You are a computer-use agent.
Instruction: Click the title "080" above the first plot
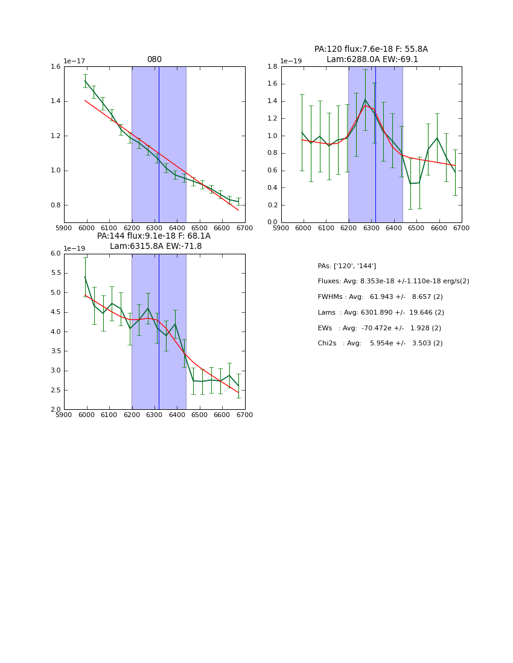click(155, 60)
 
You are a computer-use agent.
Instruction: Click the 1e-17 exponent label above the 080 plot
click(74, 61)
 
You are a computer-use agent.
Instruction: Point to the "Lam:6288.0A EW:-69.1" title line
click(372, 59)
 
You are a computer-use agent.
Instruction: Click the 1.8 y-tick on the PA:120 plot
click(270, 67)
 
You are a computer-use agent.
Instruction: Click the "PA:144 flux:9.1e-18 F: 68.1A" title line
click(154, 236)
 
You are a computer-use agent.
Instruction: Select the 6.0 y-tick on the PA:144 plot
click(56, 254)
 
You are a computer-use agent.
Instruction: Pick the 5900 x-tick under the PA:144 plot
click(64, 415)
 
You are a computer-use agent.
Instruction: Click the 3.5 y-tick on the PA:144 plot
click(56, 331)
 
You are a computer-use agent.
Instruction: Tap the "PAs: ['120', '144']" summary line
click(347, 266)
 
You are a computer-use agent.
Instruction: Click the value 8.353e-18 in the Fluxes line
click(378, 281)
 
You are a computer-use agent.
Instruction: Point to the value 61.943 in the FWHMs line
click(381, 297)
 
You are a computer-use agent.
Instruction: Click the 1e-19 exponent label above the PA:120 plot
click(292, 61)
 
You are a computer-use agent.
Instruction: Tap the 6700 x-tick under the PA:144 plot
click(245, 415)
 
